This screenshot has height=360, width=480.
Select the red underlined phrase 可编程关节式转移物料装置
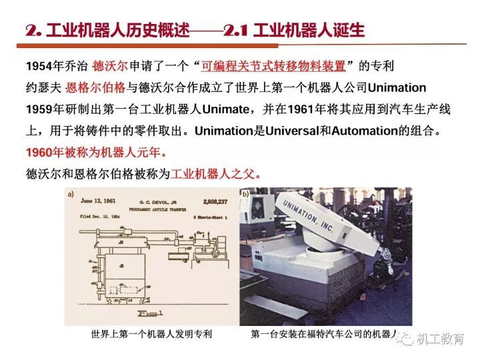pos(277,66)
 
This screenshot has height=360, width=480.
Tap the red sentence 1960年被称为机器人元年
pos(97,152)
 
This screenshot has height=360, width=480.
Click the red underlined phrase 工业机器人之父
pos(213,174)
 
